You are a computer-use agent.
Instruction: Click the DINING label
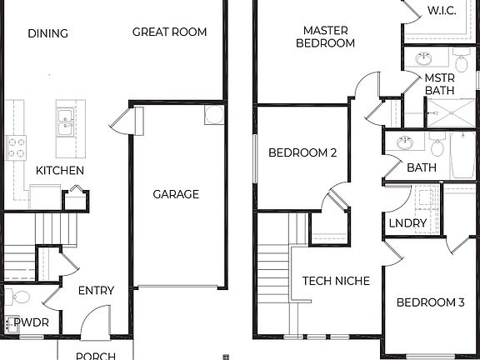47,33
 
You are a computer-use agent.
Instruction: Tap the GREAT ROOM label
169,32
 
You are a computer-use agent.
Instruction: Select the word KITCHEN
59,171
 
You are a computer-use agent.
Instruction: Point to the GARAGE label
176,194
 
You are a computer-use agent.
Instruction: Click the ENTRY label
96,291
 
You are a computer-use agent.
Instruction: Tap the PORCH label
95,356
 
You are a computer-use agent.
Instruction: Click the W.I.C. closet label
442,11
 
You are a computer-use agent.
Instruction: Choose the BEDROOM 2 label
302,153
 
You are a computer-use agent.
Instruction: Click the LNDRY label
407,223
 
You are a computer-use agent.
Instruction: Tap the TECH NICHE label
336,281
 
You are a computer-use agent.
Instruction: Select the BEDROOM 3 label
430,302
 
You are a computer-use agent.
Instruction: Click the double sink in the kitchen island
65,122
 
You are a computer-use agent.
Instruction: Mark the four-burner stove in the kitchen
16,148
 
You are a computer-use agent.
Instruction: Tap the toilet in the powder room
18,297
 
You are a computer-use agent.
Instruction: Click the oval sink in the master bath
423,58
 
